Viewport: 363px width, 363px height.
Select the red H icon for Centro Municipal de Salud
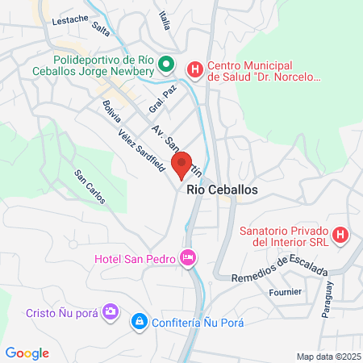pos(195,70)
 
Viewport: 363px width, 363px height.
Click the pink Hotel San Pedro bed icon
pos(188,258)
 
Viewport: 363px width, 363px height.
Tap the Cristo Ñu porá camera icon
pos(111,311)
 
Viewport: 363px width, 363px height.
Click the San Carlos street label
pos(90,186)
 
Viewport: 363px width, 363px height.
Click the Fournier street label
pos(286,291)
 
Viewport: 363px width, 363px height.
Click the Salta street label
pos(101,29)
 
